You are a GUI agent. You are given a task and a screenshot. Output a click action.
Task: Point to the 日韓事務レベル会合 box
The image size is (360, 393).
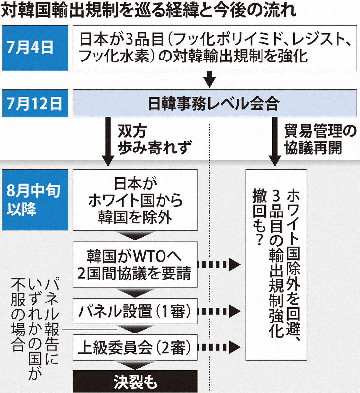click(213, 104)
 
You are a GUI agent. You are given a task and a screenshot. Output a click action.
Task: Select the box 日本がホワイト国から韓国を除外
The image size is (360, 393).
click(135, 199)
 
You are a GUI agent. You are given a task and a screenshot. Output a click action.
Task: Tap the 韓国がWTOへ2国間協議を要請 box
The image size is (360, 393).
click(135, 265)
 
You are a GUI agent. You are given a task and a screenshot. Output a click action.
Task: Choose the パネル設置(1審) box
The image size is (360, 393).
click(135, 311)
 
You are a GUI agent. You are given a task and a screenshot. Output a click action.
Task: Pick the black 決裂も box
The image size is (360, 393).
click(135, 382)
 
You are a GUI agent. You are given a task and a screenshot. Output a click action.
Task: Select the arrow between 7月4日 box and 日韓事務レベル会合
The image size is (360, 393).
click(210, 78)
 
